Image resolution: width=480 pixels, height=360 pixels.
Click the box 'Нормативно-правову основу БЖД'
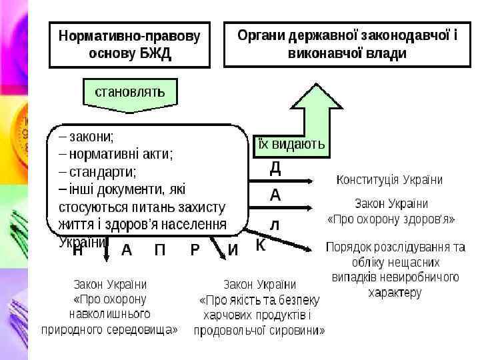pos(129,44)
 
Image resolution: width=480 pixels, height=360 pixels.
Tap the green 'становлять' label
pos(130,92)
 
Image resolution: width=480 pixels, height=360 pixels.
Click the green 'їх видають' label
pos(291,144)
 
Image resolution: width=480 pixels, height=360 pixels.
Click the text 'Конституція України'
pos(389,180)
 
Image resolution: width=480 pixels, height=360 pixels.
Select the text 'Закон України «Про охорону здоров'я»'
pos(391,211)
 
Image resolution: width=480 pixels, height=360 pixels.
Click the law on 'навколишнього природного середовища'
pos(110,306)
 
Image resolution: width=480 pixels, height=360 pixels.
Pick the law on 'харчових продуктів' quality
pos(259,307)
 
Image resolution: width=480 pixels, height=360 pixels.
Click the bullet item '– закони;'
pos(86,137)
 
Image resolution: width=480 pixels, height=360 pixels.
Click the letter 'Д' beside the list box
pos(275,168)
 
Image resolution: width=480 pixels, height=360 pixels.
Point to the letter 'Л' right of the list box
pos(275,225)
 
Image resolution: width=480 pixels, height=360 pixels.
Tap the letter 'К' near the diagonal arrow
pos(261,245)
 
